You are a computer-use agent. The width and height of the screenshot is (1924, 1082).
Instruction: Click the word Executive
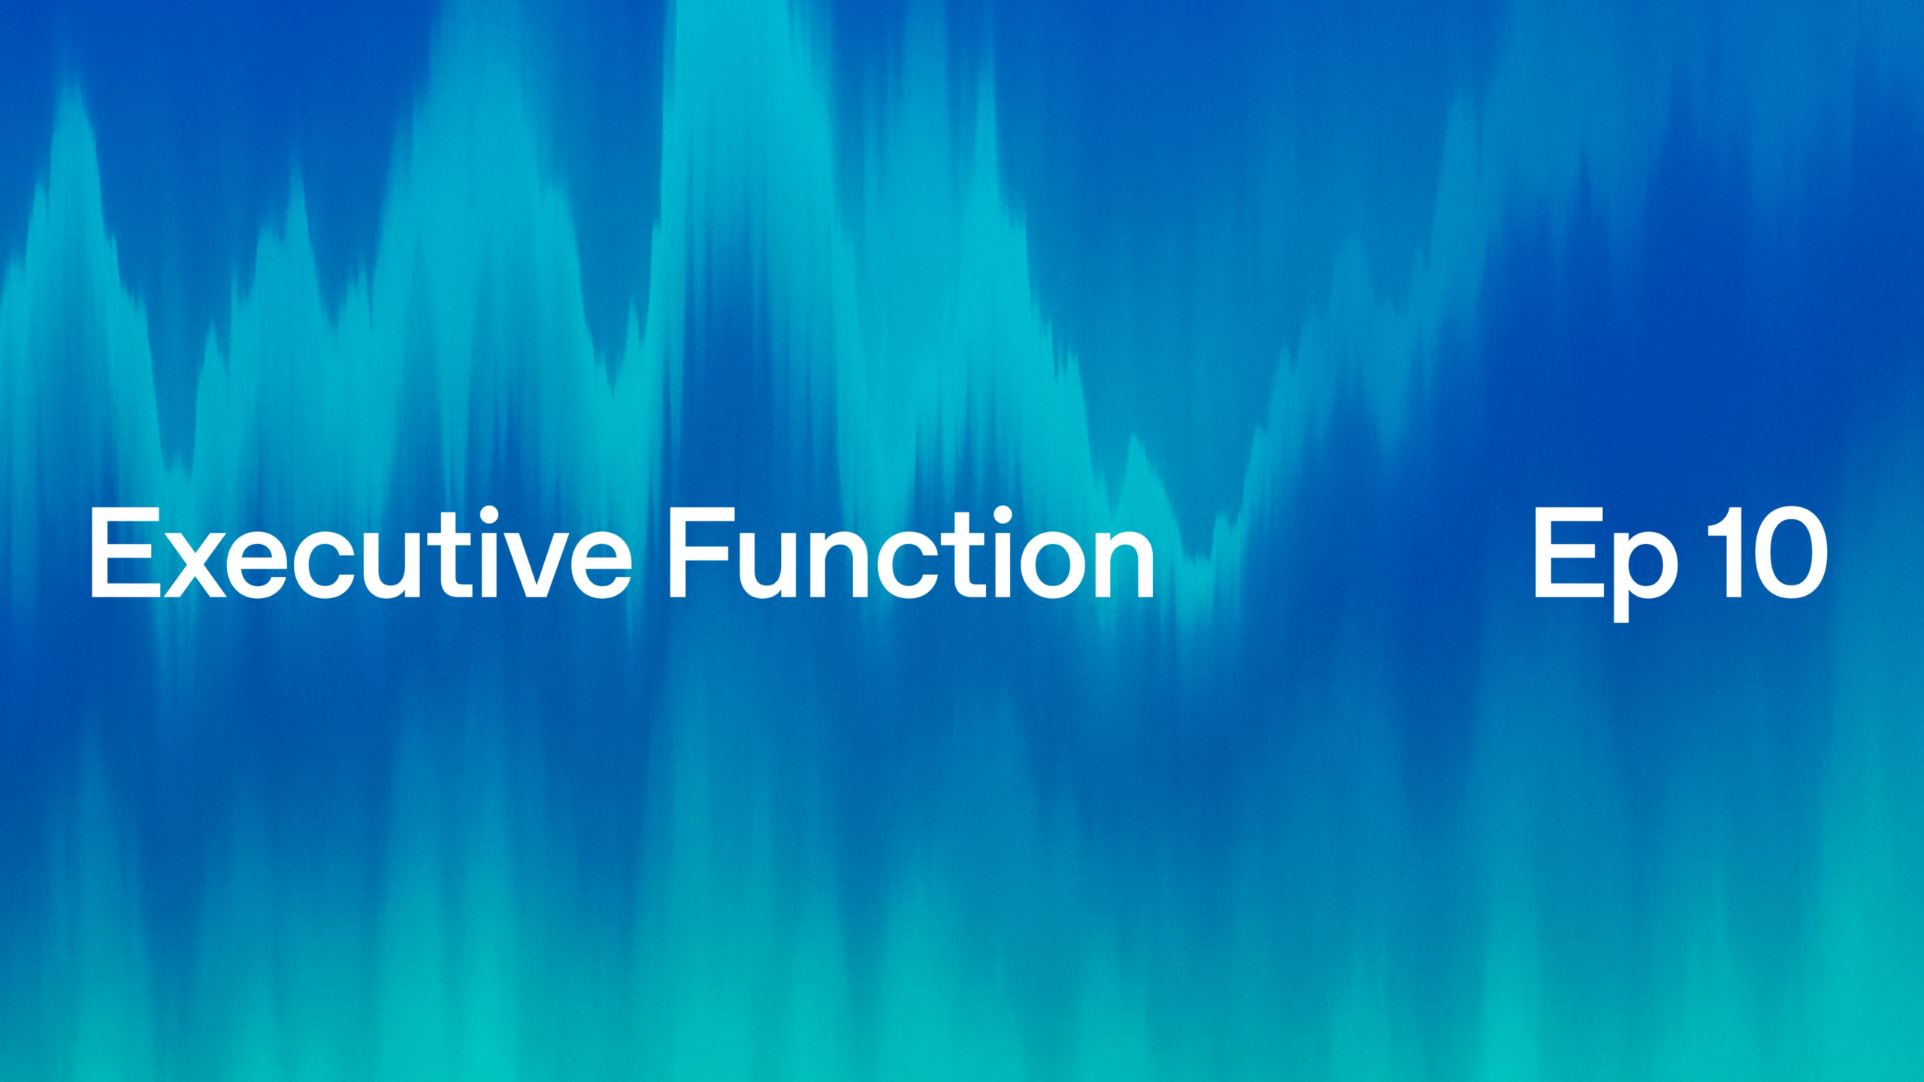[x=361, y=553]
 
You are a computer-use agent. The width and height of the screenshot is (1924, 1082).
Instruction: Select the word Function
[x=912, y=553]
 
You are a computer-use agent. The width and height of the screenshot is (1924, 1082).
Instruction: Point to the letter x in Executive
[x=195, y=564]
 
